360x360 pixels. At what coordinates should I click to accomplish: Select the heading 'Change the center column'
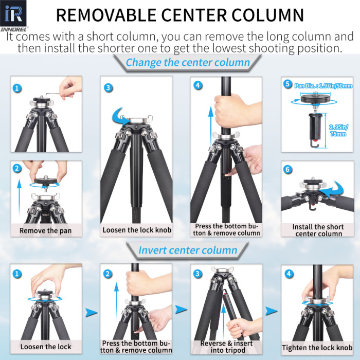[x=187, y=63]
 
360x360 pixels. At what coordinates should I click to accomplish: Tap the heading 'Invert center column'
[x=188, y=250]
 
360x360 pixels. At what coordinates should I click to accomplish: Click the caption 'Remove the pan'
[x=46, y=230]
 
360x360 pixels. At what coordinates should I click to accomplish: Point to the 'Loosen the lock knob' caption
[x=136, y=230]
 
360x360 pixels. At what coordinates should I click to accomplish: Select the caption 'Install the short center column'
[x=317, y=230]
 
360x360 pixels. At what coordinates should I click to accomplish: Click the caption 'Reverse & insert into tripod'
[x=226, y=347]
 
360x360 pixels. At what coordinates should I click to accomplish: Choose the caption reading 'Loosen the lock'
[x=46, y=347]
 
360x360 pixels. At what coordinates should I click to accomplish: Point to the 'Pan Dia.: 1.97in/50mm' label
[x=322, y=85]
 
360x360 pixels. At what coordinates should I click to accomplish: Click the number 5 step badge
[x=287, y=84]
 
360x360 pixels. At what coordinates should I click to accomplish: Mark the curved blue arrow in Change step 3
[x=120, y=115]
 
